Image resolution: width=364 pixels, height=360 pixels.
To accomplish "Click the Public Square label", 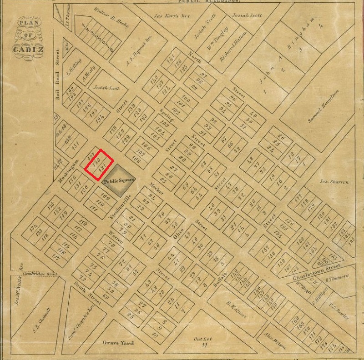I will (x=119, y=180).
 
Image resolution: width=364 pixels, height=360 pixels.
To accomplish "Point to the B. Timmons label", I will (x=336, y=277).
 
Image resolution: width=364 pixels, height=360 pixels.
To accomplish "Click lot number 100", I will (x=185, y=98).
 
